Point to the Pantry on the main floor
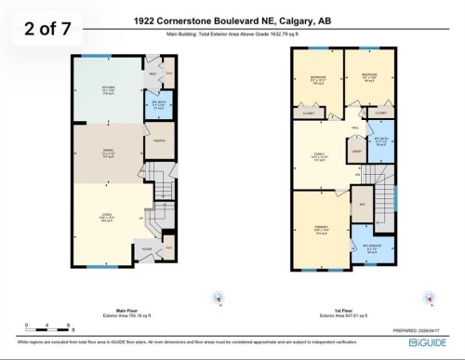(159, 141)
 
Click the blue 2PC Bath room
(157, 104)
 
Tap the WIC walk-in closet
(363, 204)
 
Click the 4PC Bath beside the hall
(379, 142)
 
